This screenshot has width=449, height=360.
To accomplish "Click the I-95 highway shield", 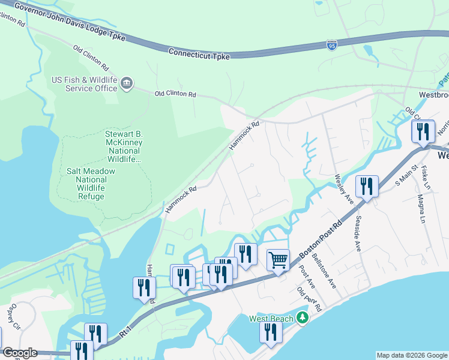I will (x=332, y=45).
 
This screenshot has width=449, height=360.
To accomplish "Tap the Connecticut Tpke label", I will (x=199, y=53).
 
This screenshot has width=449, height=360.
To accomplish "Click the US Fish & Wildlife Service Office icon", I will (x=127, y=84).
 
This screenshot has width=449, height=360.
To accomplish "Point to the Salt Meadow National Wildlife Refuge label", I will (x=91, y=179).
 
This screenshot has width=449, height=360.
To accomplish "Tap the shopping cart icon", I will (x=278, y=260).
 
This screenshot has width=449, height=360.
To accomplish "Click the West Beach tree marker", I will (x=303, y=317).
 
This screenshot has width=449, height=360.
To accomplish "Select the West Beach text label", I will (x=271, y=318).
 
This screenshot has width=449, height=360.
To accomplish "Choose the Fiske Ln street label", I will (x=426, y=178).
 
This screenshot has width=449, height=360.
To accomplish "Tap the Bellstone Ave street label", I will (x=328, y=278).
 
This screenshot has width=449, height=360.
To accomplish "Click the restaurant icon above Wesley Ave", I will (x=366, y=186).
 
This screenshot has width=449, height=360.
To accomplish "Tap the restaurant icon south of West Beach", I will (x=270, y=332).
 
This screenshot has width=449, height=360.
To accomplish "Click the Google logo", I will (x=19, y=353).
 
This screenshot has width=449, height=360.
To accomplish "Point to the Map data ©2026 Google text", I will (x=412, y=355).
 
